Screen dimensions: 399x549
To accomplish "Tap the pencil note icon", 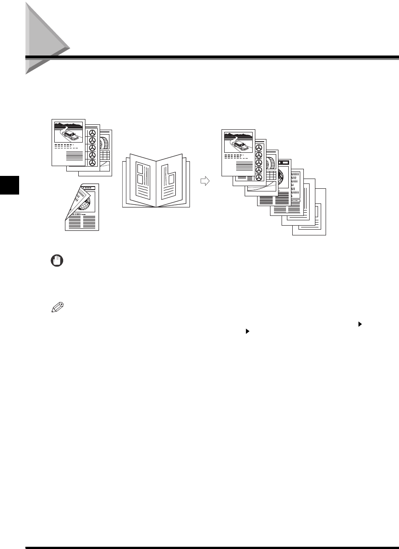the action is [57, 307].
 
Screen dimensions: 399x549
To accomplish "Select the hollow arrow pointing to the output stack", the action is [204, 181].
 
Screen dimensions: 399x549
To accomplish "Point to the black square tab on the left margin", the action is [9, 184].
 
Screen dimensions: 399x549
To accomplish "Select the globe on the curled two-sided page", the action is [84, 204].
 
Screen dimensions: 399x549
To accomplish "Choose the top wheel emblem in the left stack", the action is [93, 133].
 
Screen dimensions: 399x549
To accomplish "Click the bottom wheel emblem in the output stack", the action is [259, 178].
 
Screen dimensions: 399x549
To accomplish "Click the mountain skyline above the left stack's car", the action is [69, 123].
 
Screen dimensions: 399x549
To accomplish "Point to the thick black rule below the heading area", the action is [212, 57].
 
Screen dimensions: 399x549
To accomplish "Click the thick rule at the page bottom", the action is [212, 548].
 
